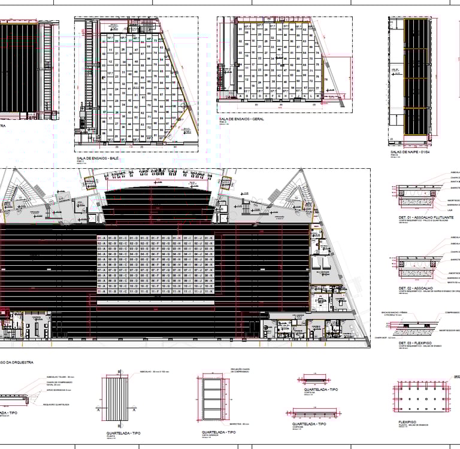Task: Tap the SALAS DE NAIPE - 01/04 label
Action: [409, 153]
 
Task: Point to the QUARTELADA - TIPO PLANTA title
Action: [123, 432]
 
